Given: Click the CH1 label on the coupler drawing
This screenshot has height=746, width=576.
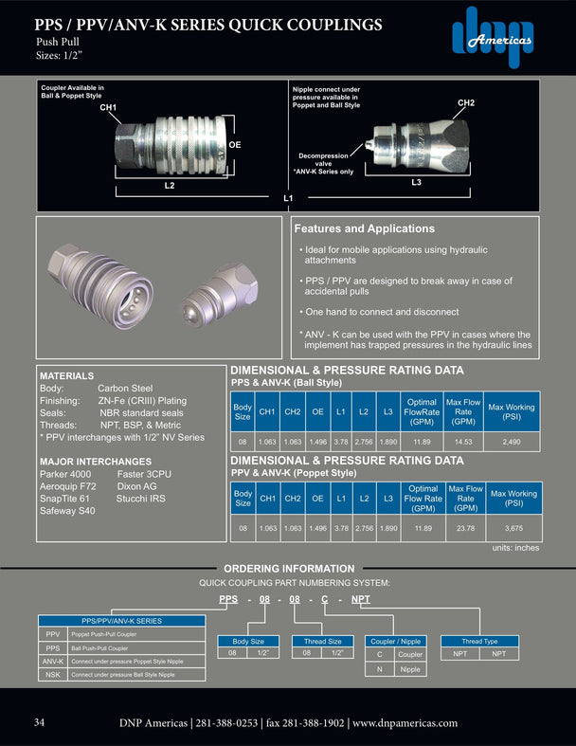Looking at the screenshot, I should coord(108,108).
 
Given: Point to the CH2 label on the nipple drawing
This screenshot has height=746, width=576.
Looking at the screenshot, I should coord(466,102).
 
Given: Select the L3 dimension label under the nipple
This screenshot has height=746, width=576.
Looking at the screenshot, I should coord(416,180).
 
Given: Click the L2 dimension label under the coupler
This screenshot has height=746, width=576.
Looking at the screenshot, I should coord(170,186).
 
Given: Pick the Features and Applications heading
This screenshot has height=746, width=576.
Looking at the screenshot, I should coord(364,228).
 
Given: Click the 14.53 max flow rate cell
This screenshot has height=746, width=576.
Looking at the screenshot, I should coord(465,442).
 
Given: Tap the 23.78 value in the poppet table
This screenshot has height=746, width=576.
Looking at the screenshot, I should coord(465,528).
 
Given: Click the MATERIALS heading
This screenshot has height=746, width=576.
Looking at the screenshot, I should coord(66,375).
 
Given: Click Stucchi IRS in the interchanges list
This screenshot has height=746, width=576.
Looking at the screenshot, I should coord(143,498).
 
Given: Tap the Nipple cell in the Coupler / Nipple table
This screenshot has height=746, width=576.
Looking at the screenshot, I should coord(409,669).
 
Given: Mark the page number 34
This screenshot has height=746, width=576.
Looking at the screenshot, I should coord(40,722).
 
